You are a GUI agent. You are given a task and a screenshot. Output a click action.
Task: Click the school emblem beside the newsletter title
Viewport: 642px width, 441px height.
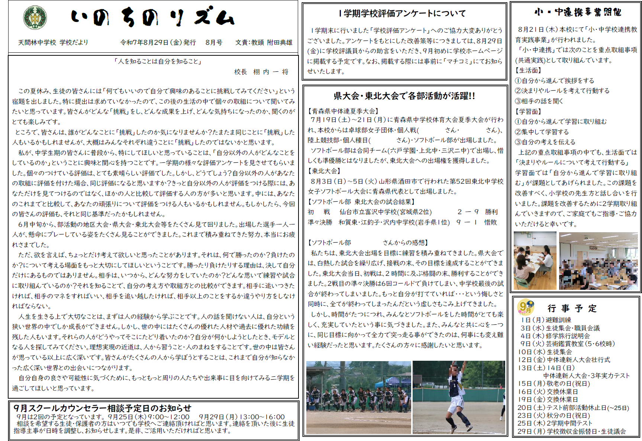coord(35,17)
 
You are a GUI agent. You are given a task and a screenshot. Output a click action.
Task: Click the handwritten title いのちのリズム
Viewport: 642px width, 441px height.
coord(152,17)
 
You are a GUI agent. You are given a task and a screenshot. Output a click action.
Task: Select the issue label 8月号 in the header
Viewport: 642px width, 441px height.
coord(214,43)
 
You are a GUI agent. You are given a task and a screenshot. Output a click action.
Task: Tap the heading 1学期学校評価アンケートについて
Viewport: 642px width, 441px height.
coord(402,14)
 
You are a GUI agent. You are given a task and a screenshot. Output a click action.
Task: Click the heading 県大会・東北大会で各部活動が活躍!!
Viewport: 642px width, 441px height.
coord(404,96)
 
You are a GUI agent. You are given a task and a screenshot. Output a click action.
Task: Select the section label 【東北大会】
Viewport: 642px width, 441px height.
coord(324,171)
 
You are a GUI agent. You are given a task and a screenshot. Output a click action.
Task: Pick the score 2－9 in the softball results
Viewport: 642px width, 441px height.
coord(468,212)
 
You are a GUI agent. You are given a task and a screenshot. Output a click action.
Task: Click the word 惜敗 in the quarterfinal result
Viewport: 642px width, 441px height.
coord(491,222)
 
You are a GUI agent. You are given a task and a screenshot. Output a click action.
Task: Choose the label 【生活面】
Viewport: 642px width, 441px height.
coord(528,70)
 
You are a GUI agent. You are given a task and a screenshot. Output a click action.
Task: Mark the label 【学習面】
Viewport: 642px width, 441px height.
coord(528,111)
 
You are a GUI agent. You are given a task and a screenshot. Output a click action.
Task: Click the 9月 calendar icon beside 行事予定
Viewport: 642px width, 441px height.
coord(525,307)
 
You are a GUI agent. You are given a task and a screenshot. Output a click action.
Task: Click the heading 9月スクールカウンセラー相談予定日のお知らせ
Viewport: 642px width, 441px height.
coord(102,408)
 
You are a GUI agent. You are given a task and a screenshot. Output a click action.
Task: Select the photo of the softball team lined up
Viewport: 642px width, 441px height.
coord(359,398)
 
